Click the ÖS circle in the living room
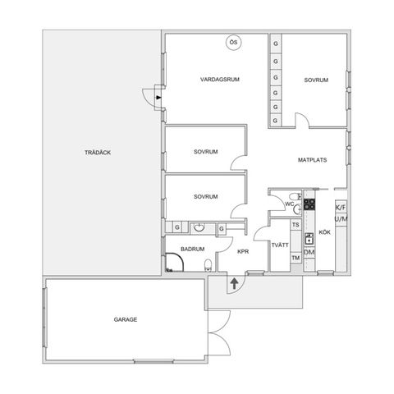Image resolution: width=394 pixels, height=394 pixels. pyautogui.click(x=234, y=43)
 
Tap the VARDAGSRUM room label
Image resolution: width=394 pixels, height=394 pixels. pyautogui.click(x=220, y=80)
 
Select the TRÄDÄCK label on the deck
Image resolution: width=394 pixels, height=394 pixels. pyautogui.click(x=98, y=153)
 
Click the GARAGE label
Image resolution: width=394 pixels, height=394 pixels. pyautogui.click(x=126, y=319)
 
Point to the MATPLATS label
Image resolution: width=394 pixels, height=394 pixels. pyautogui.click(x=312, y=160)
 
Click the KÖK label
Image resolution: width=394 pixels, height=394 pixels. pyautogui.click(x=325, y=232)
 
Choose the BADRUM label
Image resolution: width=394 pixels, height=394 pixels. pyautogui.click(x=193, y=249)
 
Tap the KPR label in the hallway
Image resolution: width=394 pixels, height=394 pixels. pyautogui.click(x=243, y=251)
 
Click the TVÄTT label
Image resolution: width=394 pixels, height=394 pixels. pyautogui.click(x=280, y=245)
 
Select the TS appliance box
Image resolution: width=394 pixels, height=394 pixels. pyautogui.click(x=295, y=225)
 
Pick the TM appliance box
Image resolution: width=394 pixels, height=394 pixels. pyautogui.click(x=295, y=258)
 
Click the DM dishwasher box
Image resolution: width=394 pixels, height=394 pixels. pyautogui.click(x=309, y=252)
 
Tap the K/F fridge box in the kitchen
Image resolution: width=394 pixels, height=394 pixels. pyautogui.click(x=341, y=208)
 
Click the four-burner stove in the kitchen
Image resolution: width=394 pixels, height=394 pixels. pyautogui.click(x=309, y=204)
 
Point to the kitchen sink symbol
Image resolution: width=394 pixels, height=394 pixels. pyautogui.click(x=309, y=238)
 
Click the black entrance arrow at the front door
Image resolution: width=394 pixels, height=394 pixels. pyautogui.click(x=234, y=283)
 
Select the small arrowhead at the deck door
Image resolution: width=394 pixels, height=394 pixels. pyautogui.click(x=158, y=97)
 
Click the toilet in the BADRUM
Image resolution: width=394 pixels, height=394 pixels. pyautogui.click(x=208, y=265)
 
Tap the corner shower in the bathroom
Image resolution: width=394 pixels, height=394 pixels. pyautogui.click(x=174, y=263)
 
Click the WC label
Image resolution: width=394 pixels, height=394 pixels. pyautogui.click(x=290, y=204)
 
